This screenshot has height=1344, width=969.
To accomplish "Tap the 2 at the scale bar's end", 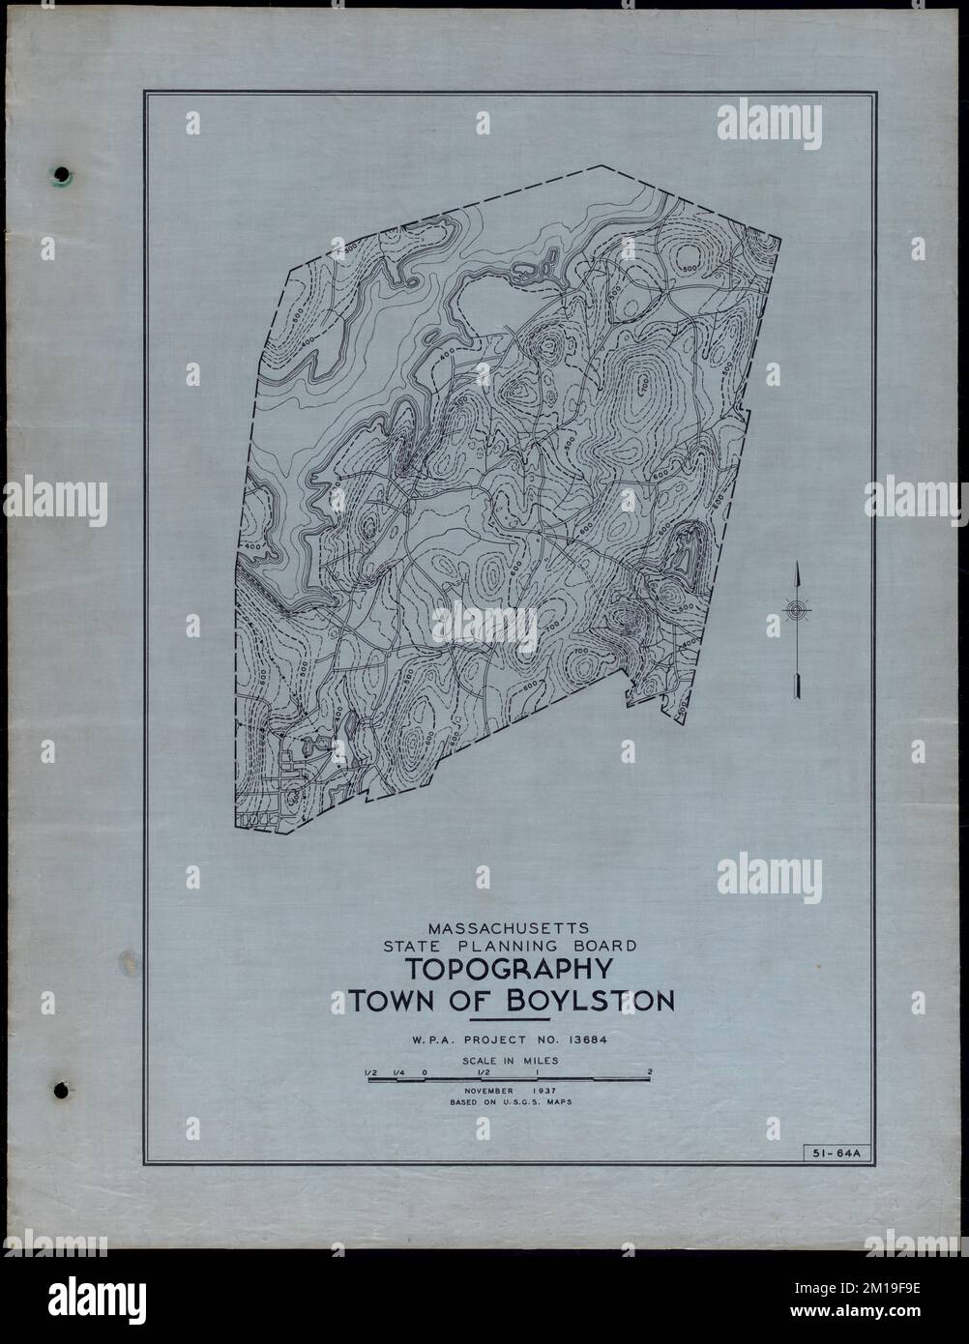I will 651,1071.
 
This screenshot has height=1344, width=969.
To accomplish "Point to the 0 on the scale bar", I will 426,1071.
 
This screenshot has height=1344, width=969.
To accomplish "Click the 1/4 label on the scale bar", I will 398,1071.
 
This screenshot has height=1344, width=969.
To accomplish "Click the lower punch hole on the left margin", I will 62,1089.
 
